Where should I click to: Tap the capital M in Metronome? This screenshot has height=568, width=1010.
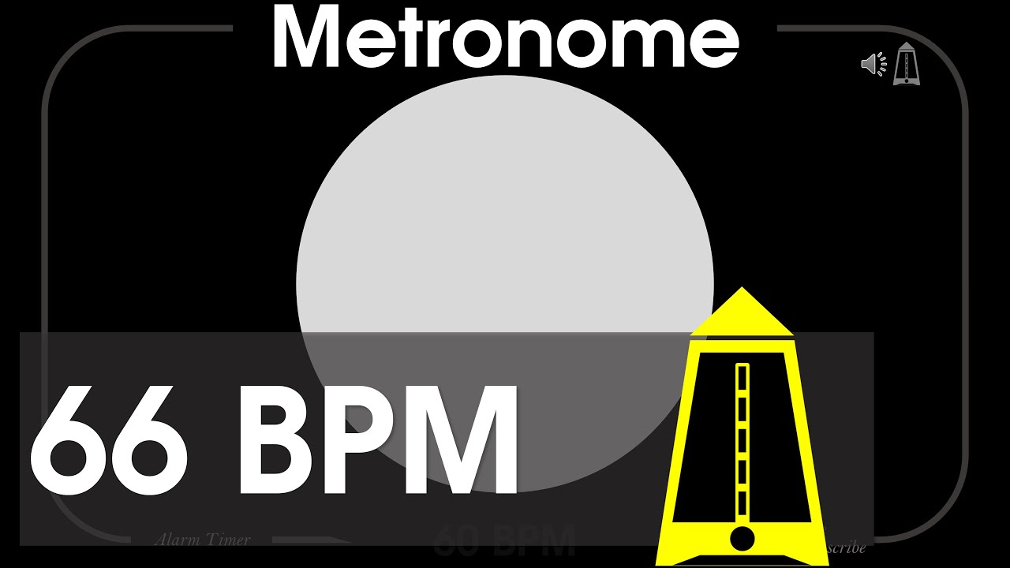pos(304,37)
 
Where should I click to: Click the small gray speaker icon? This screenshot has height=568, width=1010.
pos(870,64)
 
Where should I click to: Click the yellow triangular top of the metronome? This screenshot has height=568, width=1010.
pos(741,312)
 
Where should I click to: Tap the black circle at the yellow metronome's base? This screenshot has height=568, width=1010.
pos(743,539)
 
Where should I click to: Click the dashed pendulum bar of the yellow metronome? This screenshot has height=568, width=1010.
pos(742,442)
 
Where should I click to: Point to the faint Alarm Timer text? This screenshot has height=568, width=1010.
pos(203,540)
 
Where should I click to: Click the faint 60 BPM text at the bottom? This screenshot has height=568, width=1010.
pos(505,543)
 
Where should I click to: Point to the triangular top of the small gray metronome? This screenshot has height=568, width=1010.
pos(907,49)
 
